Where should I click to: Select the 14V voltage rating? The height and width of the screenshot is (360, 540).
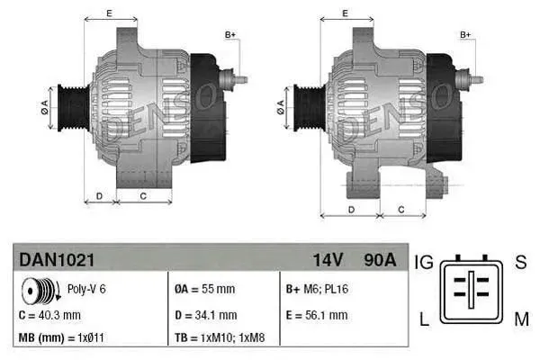[x=328, y=260]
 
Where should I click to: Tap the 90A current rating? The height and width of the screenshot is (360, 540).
[x=378, y=260]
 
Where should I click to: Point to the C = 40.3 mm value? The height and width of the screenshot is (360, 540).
[x=49, y=315]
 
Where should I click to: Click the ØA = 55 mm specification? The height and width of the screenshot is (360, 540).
[x=204, y=290]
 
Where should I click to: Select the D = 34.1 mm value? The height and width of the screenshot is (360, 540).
[x=205, y=315]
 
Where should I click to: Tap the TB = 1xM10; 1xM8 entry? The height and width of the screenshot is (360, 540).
[x=220, y=337]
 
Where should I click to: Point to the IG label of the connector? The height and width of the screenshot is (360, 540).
[x=424, y=262]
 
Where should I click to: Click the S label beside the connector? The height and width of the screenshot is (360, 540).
[x=520, y=262]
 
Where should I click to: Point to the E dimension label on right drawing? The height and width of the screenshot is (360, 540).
[x=346, y=13]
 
